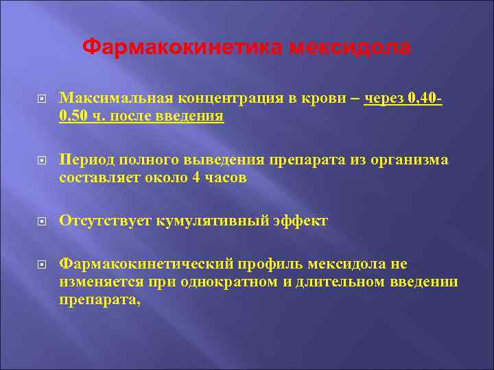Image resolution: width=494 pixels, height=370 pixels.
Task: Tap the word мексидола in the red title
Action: click(350, 47)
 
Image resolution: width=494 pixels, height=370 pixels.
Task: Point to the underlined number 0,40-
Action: click(425, 99)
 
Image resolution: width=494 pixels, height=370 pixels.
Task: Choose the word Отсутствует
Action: click(105, 221)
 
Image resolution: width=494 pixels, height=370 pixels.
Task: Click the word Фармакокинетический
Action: click(147, 264)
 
